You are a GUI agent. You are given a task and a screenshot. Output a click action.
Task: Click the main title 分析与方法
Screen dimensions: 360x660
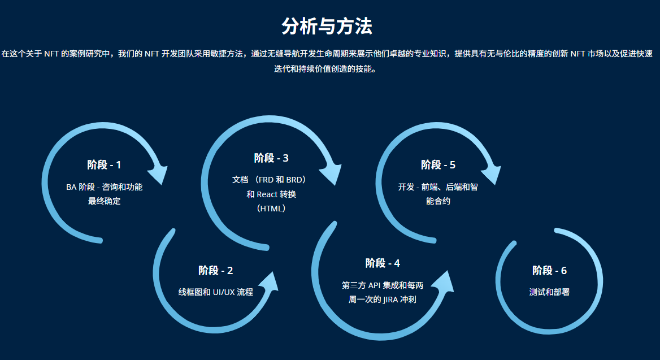(x=327, y=27)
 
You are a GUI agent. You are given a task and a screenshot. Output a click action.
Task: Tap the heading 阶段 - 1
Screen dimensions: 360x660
(x=104, y=164)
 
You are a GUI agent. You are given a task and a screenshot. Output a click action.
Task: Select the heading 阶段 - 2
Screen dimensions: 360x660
(x=215, y=271)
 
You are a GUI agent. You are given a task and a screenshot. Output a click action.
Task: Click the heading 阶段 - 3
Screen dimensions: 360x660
(x=271, y=158)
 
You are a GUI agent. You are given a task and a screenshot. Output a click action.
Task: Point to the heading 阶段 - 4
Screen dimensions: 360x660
(x=383, y=263)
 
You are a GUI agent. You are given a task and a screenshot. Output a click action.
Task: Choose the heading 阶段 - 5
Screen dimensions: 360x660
(x=438, y=164)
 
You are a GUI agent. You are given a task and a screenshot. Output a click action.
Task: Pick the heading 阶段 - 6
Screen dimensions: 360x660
(x=549, y=271)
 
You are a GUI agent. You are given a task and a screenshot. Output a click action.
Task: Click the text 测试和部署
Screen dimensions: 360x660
(x=549, y=292)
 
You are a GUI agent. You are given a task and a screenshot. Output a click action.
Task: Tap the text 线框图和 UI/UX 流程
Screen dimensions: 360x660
(x=215, y=292)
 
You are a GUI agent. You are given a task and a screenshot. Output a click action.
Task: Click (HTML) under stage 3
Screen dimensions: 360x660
(x=271, y=208)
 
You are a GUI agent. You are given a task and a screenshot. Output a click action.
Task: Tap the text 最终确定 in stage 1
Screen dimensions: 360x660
(x=104, y=201)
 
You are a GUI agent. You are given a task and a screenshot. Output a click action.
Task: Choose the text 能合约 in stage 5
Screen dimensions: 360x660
(x=438, y=201)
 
